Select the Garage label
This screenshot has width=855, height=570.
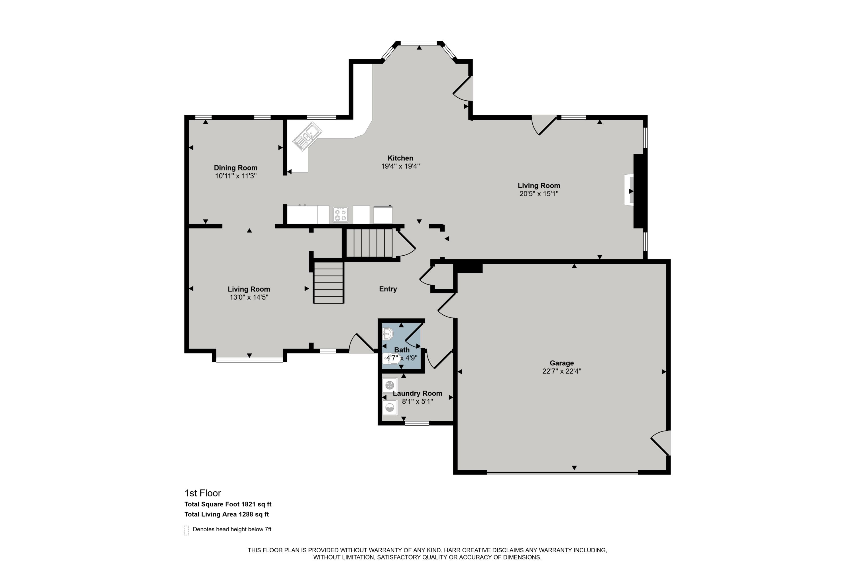562,363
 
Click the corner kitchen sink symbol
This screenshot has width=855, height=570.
307,136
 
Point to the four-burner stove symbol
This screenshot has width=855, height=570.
341,215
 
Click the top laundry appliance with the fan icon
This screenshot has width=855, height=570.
390,385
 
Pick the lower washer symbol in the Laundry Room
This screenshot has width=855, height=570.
390,408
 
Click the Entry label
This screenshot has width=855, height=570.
388,289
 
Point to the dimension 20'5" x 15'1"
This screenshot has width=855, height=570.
539,194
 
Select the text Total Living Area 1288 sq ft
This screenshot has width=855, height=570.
227,514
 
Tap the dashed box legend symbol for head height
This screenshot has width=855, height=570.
186,530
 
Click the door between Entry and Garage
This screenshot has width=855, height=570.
446,306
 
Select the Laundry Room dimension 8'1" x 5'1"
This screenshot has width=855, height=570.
417,402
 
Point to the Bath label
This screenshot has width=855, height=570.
402,350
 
